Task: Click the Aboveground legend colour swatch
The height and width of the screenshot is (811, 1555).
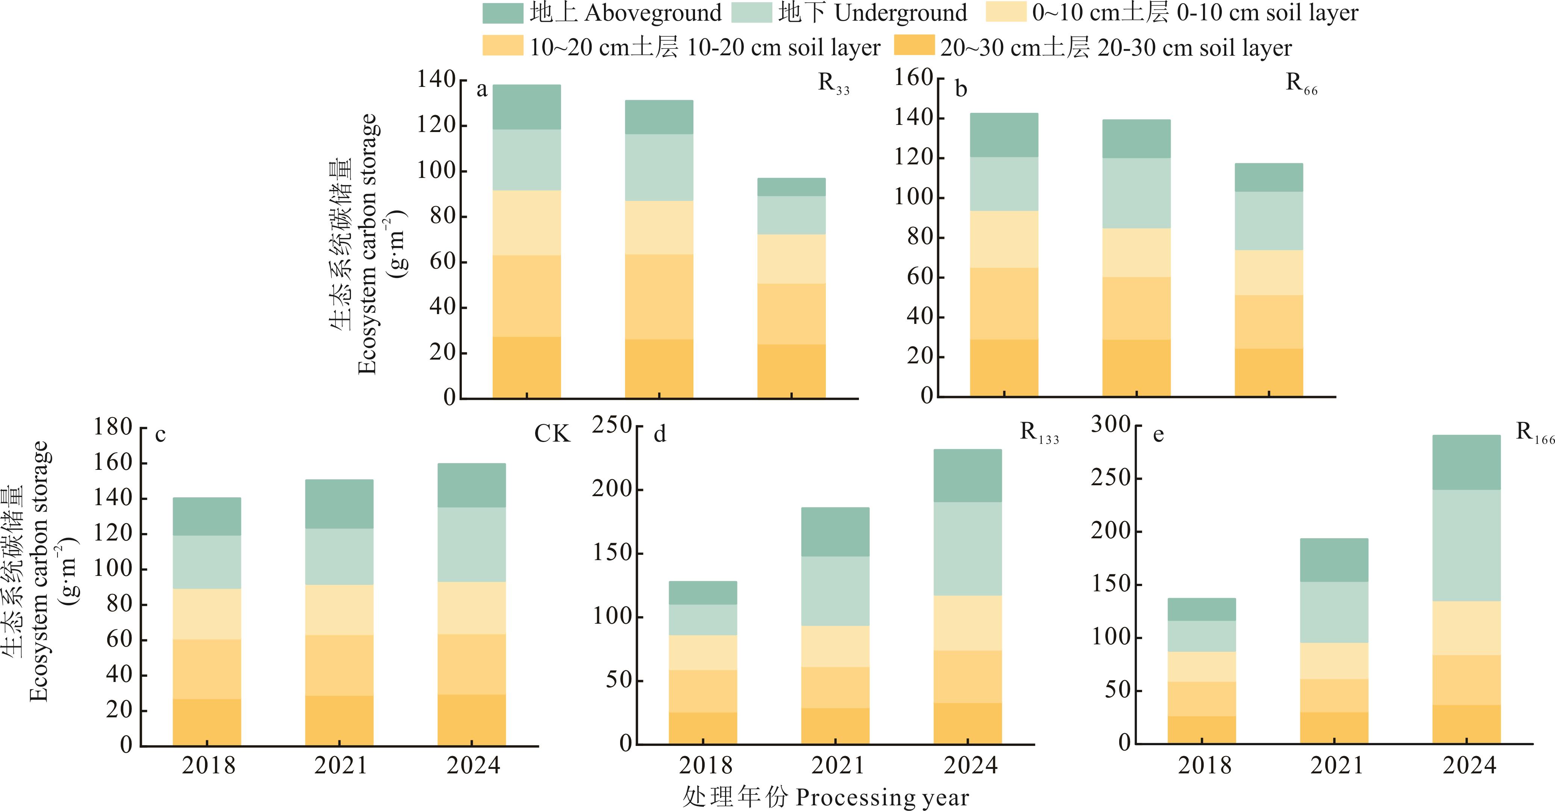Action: point(502,13)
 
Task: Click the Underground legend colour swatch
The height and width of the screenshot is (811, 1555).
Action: point(751,13)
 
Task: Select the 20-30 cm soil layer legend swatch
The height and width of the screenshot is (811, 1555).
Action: point(914,46)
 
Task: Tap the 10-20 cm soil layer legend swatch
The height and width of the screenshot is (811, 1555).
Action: point(502,46)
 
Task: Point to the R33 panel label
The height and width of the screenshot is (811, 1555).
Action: point(833,84)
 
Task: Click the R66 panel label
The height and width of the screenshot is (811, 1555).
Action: point(1301,84)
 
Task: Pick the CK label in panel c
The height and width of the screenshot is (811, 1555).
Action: point(552,434)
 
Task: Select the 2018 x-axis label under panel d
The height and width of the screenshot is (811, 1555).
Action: point(705,766)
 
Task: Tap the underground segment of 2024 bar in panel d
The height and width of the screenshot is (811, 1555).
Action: point(967,549)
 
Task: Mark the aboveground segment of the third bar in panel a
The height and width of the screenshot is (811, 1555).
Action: point(791,187)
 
